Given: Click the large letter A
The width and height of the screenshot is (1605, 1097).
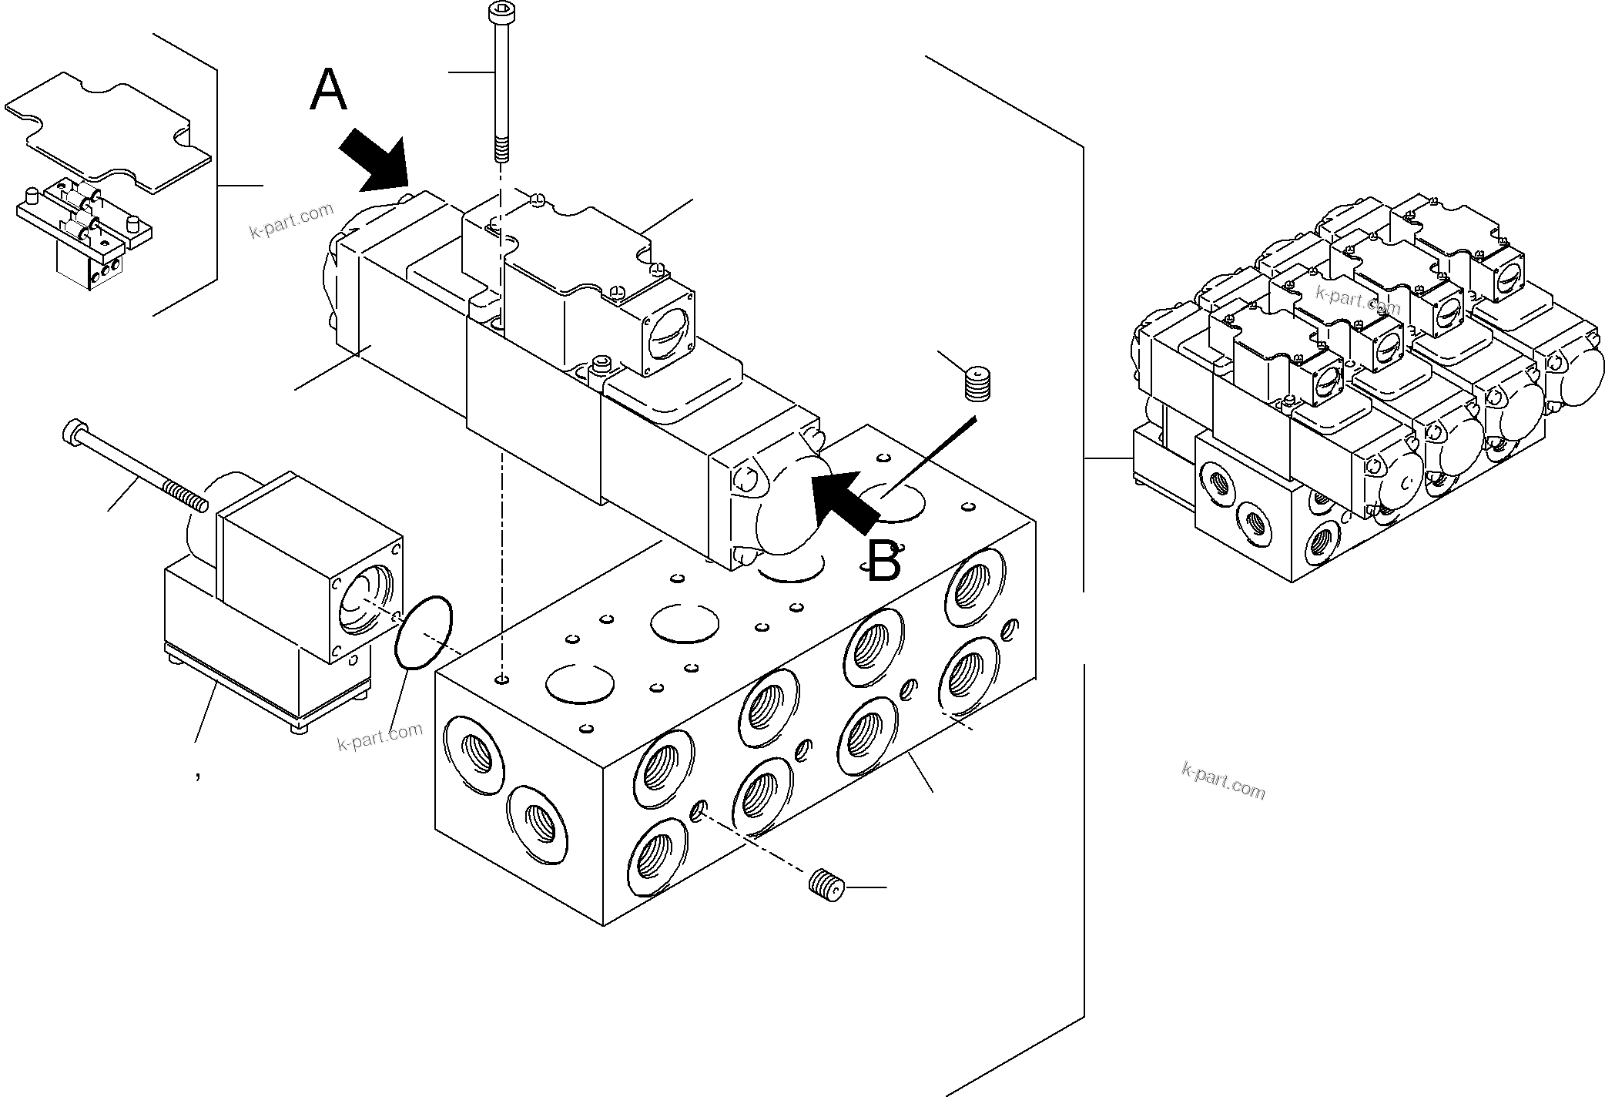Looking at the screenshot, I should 328,91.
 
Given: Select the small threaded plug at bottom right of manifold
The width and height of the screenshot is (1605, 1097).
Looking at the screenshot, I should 828,884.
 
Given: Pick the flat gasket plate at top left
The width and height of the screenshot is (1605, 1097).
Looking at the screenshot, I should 108,131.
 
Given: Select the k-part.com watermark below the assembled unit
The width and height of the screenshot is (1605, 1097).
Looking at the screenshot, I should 1223,780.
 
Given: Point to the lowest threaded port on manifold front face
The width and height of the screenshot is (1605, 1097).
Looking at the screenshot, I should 656,857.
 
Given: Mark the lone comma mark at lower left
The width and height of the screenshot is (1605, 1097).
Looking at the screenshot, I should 198,777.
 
